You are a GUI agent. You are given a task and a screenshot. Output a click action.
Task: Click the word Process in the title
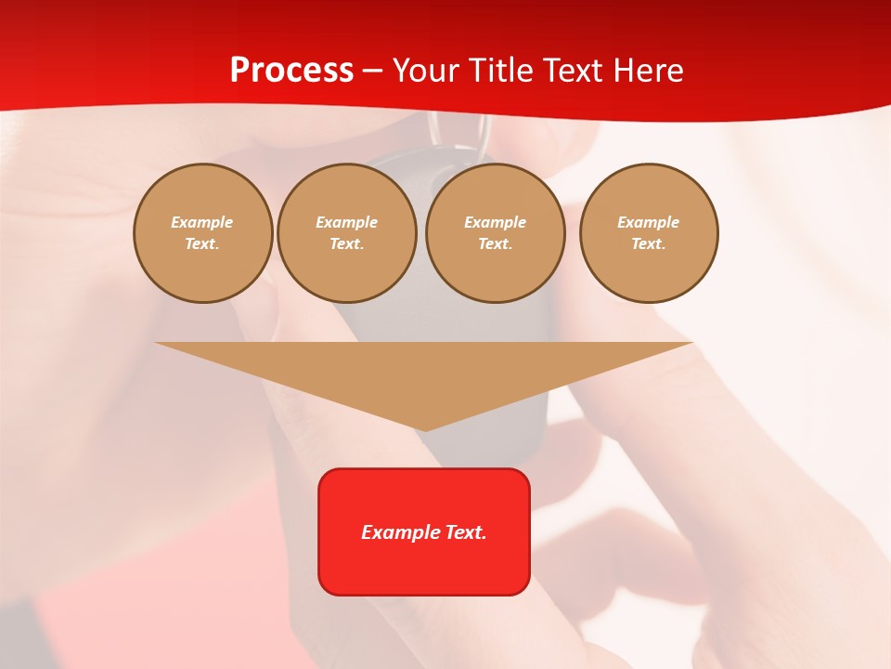(x=291, y=71)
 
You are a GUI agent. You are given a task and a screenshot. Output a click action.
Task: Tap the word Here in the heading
(x=647, y=71)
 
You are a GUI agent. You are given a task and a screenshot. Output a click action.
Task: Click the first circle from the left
(x=203, y=233)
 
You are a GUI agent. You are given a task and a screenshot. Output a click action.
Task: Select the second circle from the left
(x=347, y=233)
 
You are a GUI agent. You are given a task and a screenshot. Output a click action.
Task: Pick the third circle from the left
(x=496, y=233)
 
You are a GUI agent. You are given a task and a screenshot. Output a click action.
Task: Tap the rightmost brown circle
(x=649, y=233)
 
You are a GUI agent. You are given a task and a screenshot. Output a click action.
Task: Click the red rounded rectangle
(x=424, y=531)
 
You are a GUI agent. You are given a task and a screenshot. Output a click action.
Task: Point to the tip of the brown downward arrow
(x=425, y=428)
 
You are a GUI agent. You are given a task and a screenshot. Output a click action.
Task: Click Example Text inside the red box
(x=424, y=532)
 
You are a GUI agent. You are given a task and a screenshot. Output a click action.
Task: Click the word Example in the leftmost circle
(x=202, y=223)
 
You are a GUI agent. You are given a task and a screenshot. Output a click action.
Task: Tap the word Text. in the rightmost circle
(x=649, y=244)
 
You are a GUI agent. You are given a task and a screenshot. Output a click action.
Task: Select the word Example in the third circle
(x=496, y=223)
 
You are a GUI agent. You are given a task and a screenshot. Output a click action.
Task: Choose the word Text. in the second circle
(x=347, y=244)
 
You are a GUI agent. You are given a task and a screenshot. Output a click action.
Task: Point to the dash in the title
(x=372, y=72)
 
